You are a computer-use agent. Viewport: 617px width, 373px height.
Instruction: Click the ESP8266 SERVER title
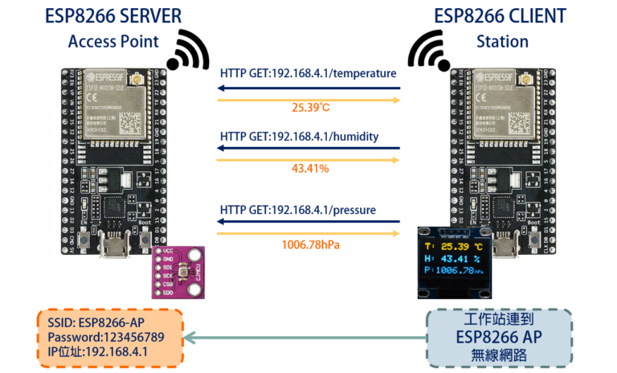(x=112, y=17)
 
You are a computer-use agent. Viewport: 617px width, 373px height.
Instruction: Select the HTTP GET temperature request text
(x=308, y=73)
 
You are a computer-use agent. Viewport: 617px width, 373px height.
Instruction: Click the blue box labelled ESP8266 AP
(x=501, y=338)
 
